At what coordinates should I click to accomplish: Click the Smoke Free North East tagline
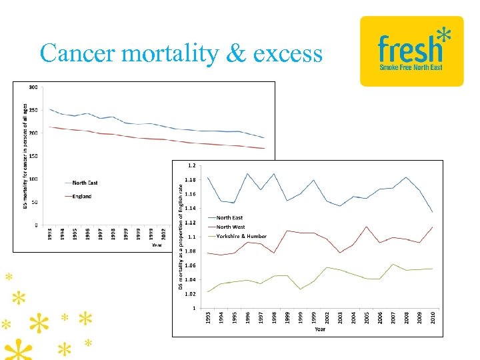(411, 67)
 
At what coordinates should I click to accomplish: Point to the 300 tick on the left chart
(32, 87)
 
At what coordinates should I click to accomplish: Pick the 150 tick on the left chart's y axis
(32, 156)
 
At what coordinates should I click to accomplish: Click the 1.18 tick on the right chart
(190, 179)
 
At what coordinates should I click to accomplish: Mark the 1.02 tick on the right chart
(190, 294)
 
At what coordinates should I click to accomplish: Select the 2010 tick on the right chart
(433, 318)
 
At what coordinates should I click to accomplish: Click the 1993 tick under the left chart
(49, 235)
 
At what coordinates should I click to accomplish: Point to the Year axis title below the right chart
(320, 329)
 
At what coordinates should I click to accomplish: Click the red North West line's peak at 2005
(367, 227)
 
